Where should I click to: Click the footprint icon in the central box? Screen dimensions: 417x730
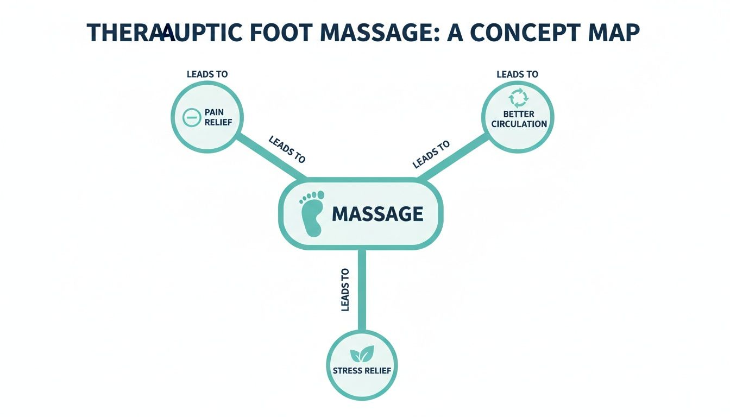click(x=312, y=213)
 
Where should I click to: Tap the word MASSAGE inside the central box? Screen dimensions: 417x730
click(x=377, y=213)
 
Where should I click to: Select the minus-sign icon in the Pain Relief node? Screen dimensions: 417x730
click(x=191, y=118)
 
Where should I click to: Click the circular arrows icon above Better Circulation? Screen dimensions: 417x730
click(x=517, y=98)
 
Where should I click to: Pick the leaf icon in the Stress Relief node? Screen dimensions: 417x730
click(x=361, y=355)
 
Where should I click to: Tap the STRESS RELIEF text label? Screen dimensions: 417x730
click(x=361, y=371)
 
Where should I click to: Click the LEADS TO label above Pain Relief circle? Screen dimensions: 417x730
click(x=207, y=74)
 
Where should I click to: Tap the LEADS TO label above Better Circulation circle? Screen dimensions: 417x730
click(x=517, y=74)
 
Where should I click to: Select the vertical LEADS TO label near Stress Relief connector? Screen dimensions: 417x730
click(x=345, y=290)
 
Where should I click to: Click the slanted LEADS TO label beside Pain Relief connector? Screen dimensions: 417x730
click(x=287, y=149)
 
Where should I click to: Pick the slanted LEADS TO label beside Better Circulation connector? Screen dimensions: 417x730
click(x=431, y=154)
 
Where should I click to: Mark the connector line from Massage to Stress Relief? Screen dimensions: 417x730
click(x=362, y=290)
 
